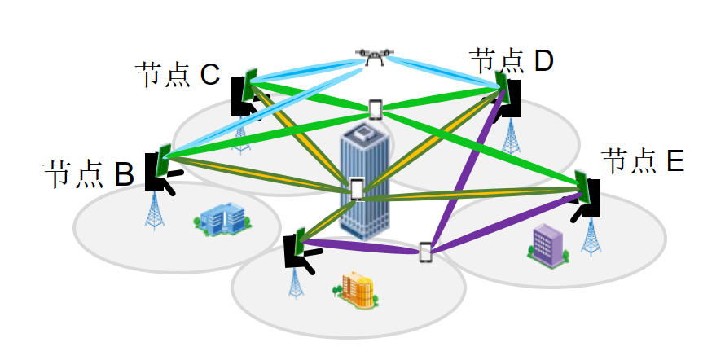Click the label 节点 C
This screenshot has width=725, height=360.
click(x=178, y=74)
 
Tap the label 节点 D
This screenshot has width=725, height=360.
click(x=512, y=59)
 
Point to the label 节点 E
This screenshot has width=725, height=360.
click(x=643, y=161)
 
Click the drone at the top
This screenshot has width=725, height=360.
click(x=374, y=57)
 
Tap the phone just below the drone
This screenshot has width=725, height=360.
click(x=376, y=109)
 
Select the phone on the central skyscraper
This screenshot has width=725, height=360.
click(x=357, y=189)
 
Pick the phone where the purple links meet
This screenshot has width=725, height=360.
click(x=425, y=252)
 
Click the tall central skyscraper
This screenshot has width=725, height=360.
click(x=364, y=175)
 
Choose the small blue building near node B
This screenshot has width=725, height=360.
click(x=222, y=219)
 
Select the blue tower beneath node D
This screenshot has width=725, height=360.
click(x=511, y=135)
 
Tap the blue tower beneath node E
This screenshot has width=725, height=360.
click(x=592, y=235)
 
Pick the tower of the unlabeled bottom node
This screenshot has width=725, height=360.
click(x=294, y=282)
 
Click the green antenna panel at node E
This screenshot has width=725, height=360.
click(x=582, y=187)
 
